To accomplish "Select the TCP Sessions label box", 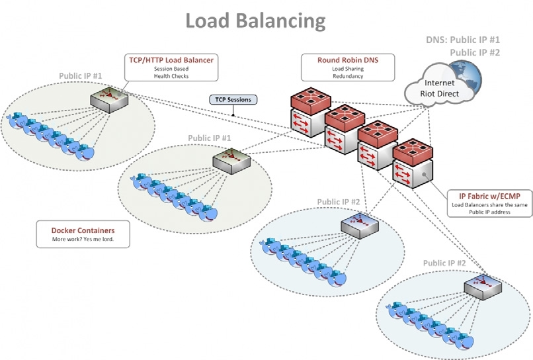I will [x=233, y=100].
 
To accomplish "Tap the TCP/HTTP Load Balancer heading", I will [x=171, y=60].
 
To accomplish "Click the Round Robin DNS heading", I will [x=347, y=60].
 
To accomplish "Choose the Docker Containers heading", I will [x=83, y=230].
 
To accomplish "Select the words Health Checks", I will [x=171, y=77].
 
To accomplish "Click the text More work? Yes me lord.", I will [x=83, y=239].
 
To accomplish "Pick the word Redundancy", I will [x=347, y=77].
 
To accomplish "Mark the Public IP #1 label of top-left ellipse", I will [x=80, y=76].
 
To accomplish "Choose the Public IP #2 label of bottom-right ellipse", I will [x=444, y=263].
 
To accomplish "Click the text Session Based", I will [x=171, y=69].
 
